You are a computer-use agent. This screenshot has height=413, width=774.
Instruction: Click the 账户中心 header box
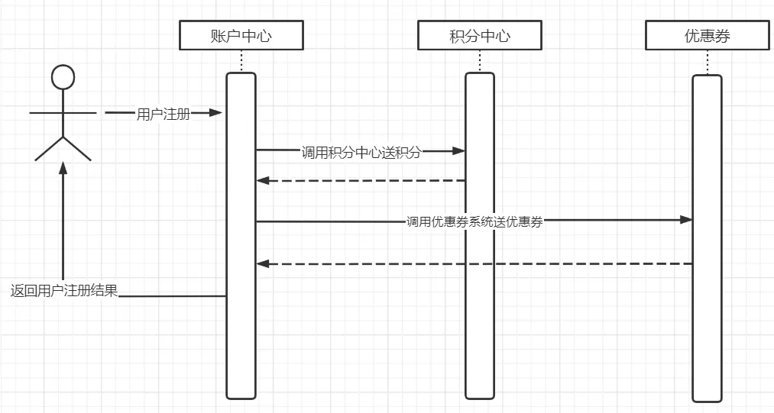(x=241, y=36)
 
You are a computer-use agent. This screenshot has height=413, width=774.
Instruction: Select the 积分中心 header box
(x=479, y=36)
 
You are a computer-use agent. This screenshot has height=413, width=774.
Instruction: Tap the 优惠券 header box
(x=707, y=36)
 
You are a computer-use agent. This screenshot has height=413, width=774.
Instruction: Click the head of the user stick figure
(x=63, y=77)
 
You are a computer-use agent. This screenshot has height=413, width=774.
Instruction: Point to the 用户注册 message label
(x=163, y=114)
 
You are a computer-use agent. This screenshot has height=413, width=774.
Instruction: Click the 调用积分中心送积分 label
(x=361, y=152)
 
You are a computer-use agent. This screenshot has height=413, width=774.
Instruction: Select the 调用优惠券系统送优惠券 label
(x=474, y=222)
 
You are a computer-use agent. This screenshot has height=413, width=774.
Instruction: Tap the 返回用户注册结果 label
(x=64, y=291)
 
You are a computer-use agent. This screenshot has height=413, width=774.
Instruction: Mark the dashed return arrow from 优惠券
(x=474, y=263)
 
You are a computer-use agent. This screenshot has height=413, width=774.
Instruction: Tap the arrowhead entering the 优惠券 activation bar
(x=686, y=220)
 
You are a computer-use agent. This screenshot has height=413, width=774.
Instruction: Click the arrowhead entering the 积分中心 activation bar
(x=459, y=150)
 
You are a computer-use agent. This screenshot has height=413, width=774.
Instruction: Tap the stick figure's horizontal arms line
(x=63, y=113)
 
